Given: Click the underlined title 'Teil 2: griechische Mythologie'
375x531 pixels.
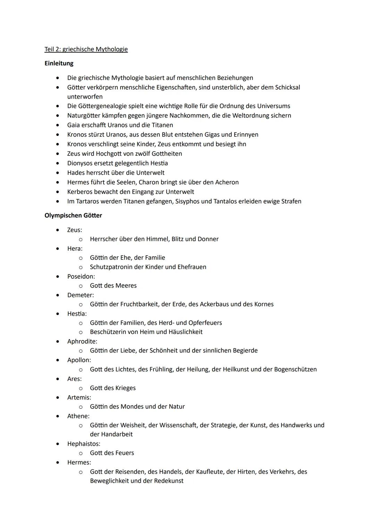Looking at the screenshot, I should point(86,49).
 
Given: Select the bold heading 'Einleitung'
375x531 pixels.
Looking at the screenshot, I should point(59,63).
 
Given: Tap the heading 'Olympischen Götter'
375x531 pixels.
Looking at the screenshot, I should point(73,215).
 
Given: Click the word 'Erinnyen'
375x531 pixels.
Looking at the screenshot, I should point(246,135).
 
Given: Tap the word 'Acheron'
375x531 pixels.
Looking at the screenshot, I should point(226,182).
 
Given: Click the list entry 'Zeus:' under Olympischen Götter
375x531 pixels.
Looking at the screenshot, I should point(75,230).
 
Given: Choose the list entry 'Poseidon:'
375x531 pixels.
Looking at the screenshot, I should point(81,276).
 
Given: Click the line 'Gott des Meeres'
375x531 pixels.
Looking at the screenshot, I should point(113,285).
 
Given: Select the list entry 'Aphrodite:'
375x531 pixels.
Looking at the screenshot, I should point(82,341).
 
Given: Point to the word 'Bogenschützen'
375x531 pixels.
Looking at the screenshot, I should point(295,369).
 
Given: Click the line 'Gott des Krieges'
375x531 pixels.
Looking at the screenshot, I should point(112,388).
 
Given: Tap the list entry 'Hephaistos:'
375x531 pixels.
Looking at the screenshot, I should point(84,444).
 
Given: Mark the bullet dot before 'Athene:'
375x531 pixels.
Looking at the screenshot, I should point(58,416).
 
